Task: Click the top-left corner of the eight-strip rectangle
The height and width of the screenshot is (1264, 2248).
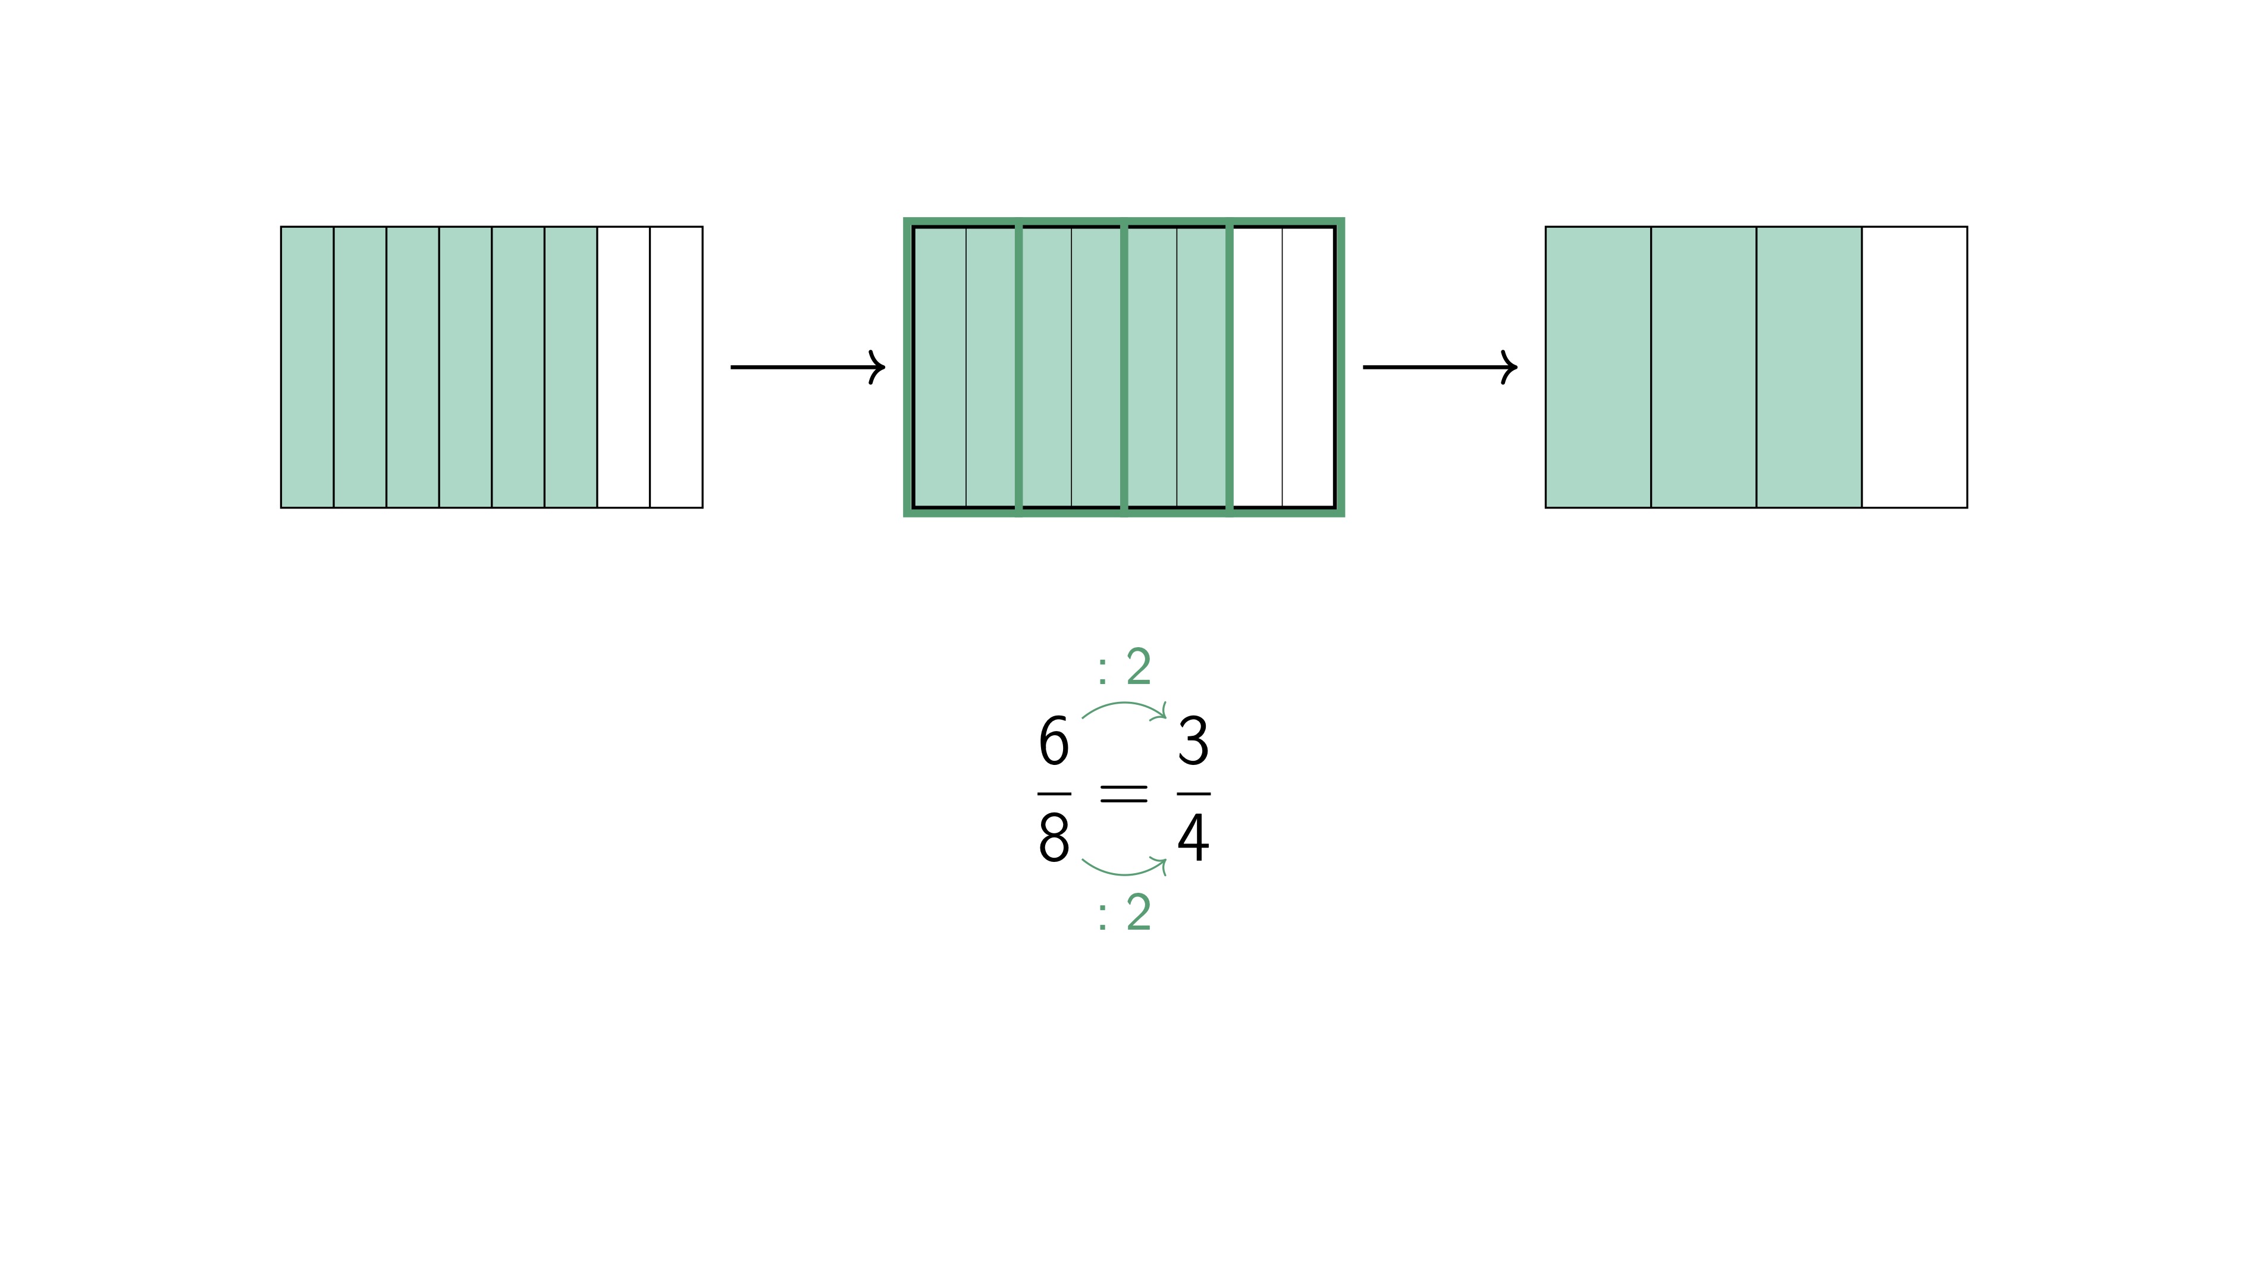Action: coord(281,227)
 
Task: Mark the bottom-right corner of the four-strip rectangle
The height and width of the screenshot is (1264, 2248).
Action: coord(1967,507)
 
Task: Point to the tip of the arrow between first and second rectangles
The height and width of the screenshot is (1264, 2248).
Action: coord(885,367)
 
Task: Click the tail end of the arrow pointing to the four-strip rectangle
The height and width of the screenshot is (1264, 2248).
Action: coord(1364,367)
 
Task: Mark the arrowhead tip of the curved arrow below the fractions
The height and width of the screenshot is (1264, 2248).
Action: coord(1166,860)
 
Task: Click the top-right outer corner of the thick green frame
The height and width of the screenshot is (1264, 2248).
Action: coord(1344,218)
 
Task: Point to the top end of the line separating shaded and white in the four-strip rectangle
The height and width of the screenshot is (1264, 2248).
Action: coord(1861,227)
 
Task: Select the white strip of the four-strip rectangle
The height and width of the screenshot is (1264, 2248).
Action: coord(1915,367)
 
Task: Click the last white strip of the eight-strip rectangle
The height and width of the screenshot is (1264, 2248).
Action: coord(676,367)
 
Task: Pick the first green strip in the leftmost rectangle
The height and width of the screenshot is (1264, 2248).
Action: coord(307,367)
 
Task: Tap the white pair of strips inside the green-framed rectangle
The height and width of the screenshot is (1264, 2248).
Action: coord(1283,367)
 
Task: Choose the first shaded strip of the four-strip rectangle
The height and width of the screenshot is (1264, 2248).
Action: coord(1598,367)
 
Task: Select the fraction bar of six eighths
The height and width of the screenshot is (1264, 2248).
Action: coord(1054,794)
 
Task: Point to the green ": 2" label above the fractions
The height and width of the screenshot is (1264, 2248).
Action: coord(1125,667)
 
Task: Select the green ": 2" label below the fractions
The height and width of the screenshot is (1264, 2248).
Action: coord(1125,912)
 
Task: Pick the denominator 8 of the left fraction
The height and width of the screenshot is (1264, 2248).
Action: coord(1054,838)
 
